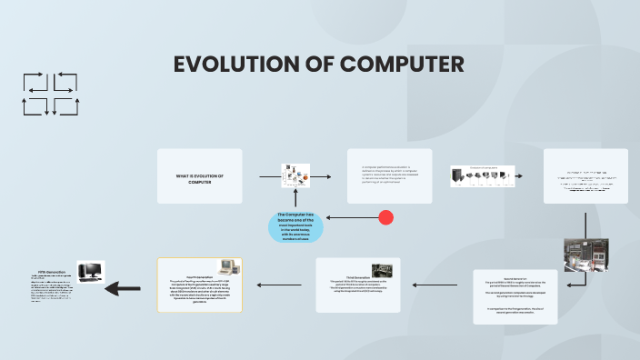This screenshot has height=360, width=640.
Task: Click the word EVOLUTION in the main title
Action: [241, 65]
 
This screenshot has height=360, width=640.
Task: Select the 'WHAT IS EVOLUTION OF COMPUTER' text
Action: [199, 178]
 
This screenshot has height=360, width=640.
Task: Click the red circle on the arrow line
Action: [385, 217]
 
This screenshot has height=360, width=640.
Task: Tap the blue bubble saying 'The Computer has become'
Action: [295, 226]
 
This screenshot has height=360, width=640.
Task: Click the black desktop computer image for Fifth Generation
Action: [90, 271]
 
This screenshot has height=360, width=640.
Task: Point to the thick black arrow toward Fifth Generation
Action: [123, 289]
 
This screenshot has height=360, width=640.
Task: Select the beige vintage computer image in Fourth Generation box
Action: [231, 267]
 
